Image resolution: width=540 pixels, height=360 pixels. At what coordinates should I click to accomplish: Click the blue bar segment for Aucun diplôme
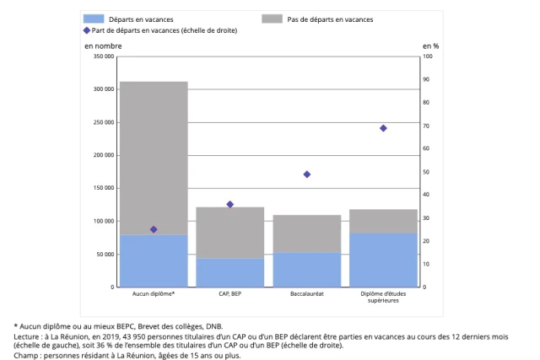[x=154, y=261]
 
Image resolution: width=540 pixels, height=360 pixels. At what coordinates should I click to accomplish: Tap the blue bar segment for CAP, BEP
[x=230, y=273]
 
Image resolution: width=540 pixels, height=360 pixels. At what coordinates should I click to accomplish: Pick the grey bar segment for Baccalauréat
[x=306, y=234]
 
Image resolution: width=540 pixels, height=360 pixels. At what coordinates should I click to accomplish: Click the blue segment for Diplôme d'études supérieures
[x=383, y=260]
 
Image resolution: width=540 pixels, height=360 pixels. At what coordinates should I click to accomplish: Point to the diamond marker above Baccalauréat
[x=307, y=175]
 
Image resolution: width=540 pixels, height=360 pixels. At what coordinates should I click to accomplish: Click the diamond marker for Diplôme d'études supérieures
[x=383, y=128]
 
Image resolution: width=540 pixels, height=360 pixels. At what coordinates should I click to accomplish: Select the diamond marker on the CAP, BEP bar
[x=230, y=204]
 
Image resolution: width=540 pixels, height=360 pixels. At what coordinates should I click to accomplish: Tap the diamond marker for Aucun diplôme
[x=154, y=229]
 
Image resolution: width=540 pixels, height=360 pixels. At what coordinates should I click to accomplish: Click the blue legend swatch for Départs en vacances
[x=94, y=19]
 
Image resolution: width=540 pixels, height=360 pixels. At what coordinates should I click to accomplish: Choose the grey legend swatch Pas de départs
[x=272, y=19]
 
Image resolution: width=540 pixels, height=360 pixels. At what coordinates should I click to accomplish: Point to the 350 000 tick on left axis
[x=103, y=56]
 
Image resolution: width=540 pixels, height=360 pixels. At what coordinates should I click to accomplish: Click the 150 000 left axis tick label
[x=103, y=188]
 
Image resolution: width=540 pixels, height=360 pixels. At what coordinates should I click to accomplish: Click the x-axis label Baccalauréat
[x=307, y=294]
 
